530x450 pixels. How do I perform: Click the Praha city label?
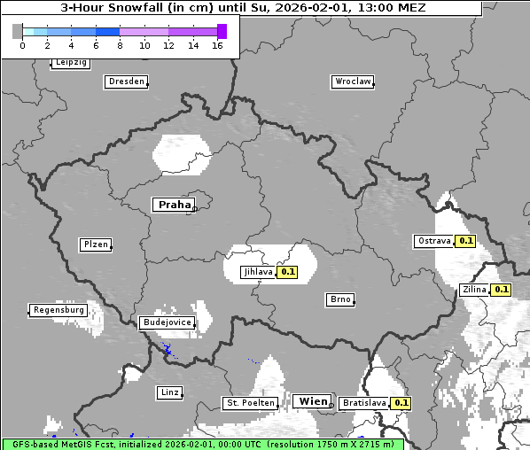pos(174,205)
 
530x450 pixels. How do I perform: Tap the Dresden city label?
pos(126,81)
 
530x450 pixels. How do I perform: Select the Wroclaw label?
pos(352,81)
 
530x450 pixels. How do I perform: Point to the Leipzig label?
pos(70,63)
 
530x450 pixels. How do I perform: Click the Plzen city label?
pos(95,244)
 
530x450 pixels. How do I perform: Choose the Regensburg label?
pos(58,310)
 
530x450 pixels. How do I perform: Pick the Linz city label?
pos(169,392)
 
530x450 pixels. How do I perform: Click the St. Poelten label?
pos(250,403)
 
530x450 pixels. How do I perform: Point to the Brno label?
pos(340,299)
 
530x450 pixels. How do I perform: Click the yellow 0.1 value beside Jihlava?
pos(287,273)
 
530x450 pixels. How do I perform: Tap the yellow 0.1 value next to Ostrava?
pos(465,241)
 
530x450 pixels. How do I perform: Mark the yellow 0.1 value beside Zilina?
pos(501,290)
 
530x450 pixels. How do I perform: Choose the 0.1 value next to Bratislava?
pos(401,403)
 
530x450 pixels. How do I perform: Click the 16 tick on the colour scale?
pos(217,45)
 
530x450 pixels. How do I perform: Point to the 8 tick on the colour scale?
pos(120,45)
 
